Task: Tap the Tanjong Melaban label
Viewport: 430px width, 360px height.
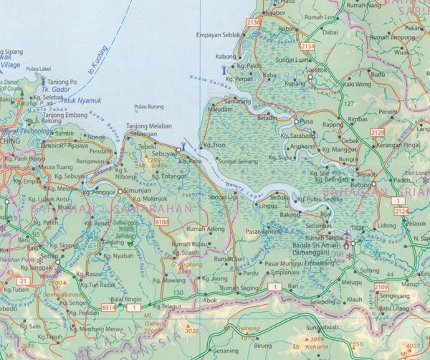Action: tap(149, 126)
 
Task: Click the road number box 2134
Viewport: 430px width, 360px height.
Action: tap(307, 46)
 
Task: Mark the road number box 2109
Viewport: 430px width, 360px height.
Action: tap(383, 288)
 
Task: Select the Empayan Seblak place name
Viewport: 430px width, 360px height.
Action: tap(217, 34)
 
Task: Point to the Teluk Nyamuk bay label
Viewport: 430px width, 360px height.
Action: tap(71, 102)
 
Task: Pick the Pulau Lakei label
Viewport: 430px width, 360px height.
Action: tap(37, 70)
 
